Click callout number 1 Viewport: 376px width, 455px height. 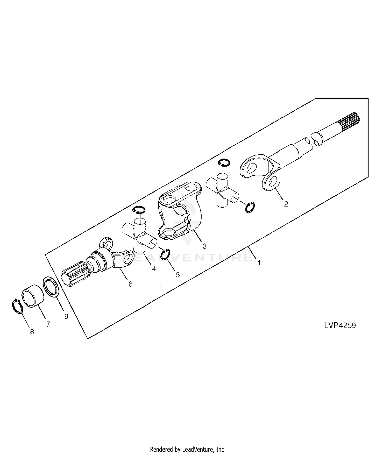pyautogui.click(x=259, y=263)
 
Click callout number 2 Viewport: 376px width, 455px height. pyautogui.click(x=286, y=204)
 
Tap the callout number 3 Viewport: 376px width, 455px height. pyautogui.click(x=205, y=246)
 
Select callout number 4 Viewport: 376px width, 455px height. pyautogui.click(x=154, y=269)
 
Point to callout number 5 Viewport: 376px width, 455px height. pyautogui.click(x=178, y=275)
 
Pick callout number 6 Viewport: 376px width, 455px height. pyautogui.click(x=130, y=284)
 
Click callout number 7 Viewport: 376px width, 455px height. pyautogui.click(x=48, y=324)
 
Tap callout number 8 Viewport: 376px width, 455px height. pyautogui.click(x=32, y=332)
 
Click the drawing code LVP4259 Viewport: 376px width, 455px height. pyautogui.click(x=340, y=325)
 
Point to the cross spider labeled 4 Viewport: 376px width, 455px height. pyautogui.click(x=139, y=236)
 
